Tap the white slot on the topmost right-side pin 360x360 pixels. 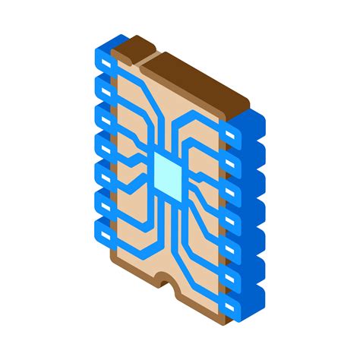coord(231,134)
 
